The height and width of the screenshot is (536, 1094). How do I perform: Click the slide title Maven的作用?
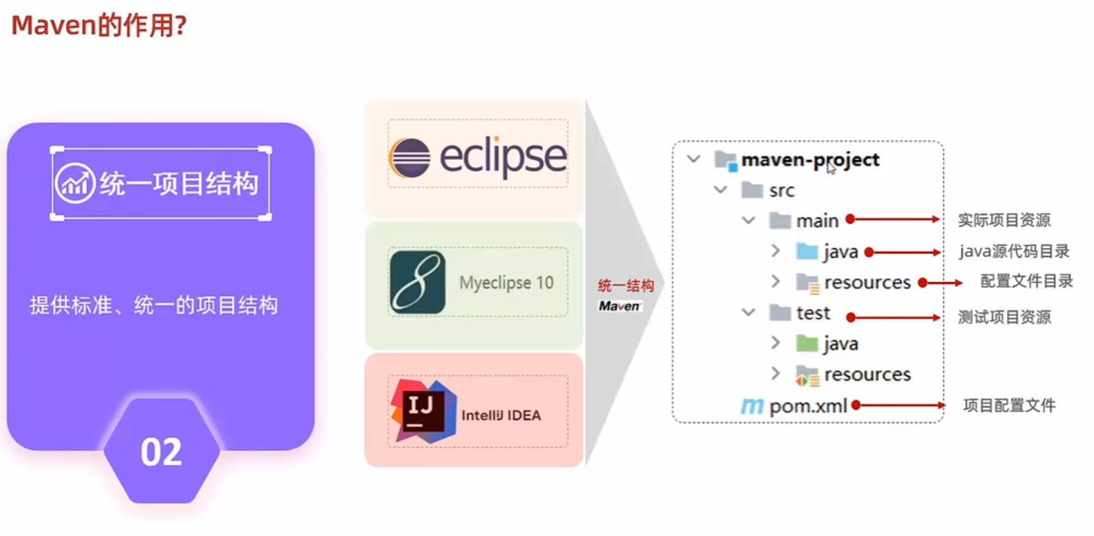(99, 26)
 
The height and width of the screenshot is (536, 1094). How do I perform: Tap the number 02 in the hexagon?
(161, 452)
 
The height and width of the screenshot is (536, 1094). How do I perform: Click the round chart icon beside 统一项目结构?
(75, 183)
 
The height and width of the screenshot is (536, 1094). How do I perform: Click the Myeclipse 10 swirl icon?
(417, 282)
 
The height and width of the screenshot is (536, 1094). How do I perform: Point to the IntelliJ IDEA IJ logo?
(423, 411)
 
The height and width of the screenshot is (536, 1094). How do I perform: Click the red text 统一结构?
(625, 285)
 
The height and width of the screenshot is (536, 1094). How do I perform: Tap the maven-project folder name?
(810, 160)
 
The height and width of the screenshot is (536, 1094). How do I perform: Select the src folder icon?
(752, 190)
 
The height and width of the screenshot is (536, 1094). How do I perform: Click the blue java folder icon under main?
(807, 251)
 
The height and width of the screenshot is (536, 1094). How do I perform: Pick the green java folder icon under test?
(807, 343)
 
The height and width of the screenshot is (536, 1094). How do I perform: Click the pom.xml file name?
(808, 406)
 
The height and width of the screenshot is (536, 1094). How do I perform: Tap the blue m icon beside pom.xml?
(752, 405)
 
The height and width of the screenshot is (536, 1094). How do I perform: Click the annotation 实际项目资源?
(1003, 220)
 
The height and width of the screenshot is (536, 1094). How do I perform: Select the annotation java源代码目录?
(1013, 251)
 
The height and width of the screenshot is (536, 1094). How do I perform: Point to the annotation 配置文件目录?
(1026, 281)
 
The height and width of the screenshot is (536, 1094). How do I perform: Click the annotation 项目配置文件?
(1009, 405)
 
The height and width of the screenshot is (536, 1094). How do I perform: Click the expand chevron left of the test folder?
(749, 313)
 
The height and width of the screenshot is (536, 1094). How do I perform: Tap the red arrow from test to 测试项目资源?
(895, 317)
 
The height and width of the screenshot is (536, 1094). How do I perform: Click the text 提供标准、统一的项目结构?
(154, 305)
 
